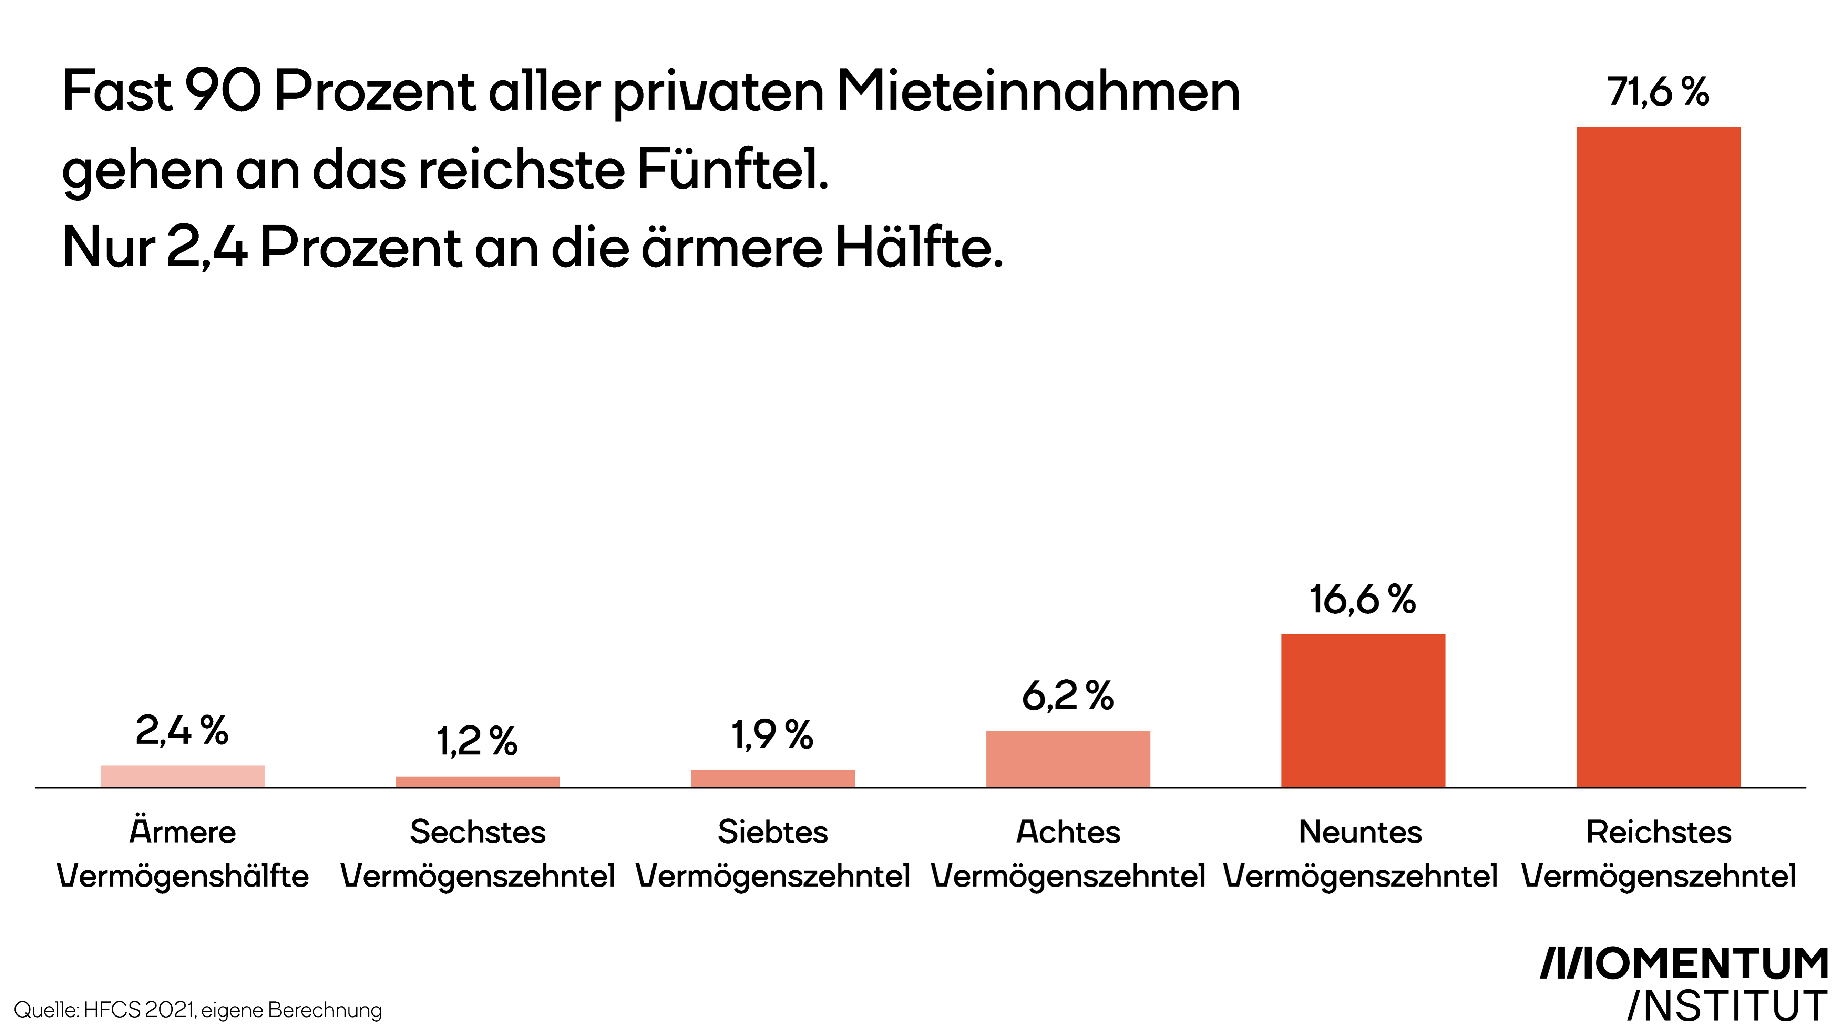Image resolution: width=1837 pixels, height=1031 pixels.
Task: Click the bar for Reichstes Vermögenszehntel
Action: click(1658, 457)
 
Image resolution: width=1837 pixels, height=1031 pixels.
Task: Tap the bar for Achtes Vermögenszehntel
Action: click(1068, 759)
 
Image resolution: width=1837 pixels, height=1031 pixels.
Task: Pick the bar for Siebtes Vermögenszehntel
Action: click(772, 779)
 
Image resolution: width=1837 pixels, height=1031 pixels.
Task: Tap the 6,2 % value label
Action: click(1068, 695)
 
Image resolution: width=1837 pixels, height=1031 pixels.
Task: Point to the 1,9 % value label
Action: click(772, 735)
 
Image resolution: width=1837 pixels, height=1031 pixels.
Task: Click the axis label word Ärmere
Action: click(183, 831)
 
